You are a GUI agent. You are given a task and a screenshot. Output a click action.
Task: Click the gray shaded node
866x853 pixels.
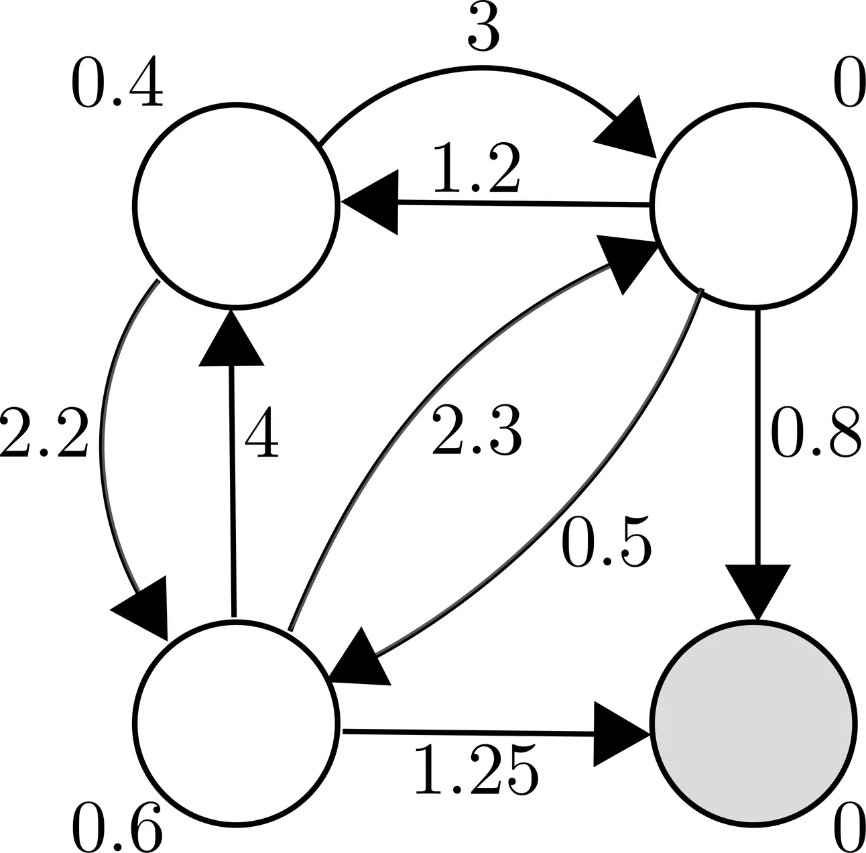[754, 723]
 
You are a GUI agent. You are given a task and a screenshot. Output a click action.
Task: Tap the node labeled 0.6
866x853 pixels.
[235, 721]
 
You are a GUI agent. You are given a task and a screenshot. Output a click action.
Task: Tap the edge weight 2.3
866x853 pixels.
[476, 433]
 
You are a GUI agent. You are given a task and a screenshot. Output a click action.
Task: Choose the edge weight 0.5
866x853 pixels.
[607, 542]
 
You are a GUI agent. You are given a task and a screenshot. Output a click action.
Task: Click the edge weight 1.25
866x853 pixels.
[476, 769]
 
